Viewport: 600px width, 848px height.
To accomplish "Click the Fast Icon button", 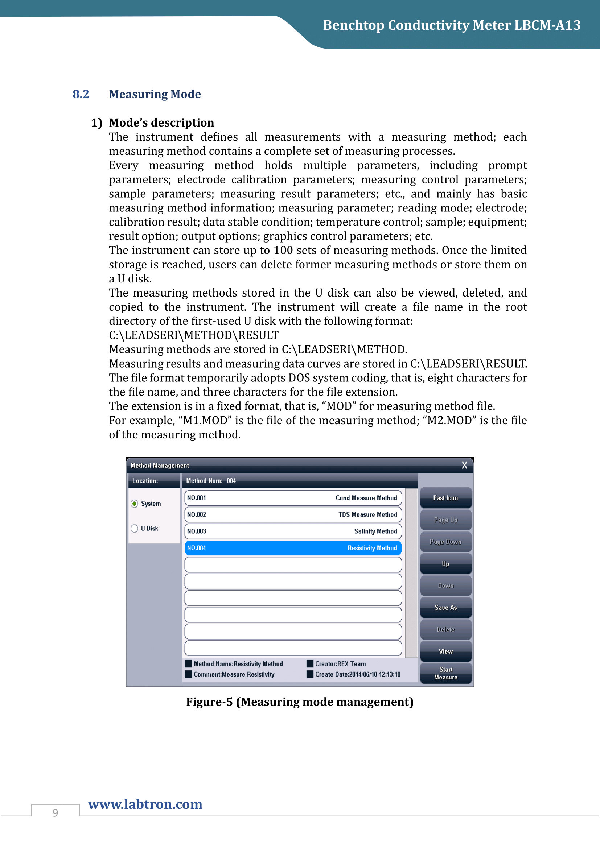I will point(445,498).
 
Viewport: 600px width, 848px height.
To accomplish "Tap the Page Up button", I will point(445,520).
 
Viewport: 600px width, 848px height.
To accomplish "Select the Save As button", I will point(445,608).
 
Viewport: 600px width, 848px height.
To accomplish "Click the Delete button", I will point(445,629).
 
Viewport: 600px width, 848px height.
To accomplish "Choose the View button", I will point(445,651).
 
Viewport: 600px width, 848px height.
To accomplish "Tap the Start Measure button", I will point(445,673).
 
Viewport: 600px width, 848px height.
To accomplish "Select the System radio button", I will point(135,504).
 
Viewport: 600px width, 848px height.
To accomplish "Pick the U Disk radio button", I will point(135,529).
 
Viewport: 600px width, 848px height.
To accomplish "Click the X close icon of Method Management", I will point(464,466).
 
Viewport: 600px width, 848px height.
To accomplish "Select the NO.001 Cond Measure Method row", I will point(293,498).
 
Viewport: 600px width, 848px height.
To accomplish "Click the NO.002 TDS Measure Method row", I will point(293,514).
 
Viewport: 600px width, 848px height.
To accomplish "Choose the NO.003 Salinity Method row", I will point(293,531).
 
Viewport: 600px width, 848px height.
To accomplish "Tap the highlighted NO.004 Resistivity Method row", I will point(293,548).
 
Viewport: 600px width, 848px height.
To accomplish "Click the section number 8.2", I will point(81,94).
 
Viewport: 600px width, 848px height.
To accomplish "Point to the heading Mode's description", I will point(161,123).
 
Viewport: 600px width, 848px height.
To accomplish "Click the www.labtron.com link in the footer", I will point(145,804).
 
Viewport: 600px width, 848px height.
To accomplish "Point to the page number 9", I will point(55,812).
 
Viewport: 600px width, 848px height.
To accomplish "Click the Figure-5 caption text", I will point(300,702).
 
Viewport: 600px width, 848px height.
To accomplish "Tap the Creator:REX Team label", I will point(340,664).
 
